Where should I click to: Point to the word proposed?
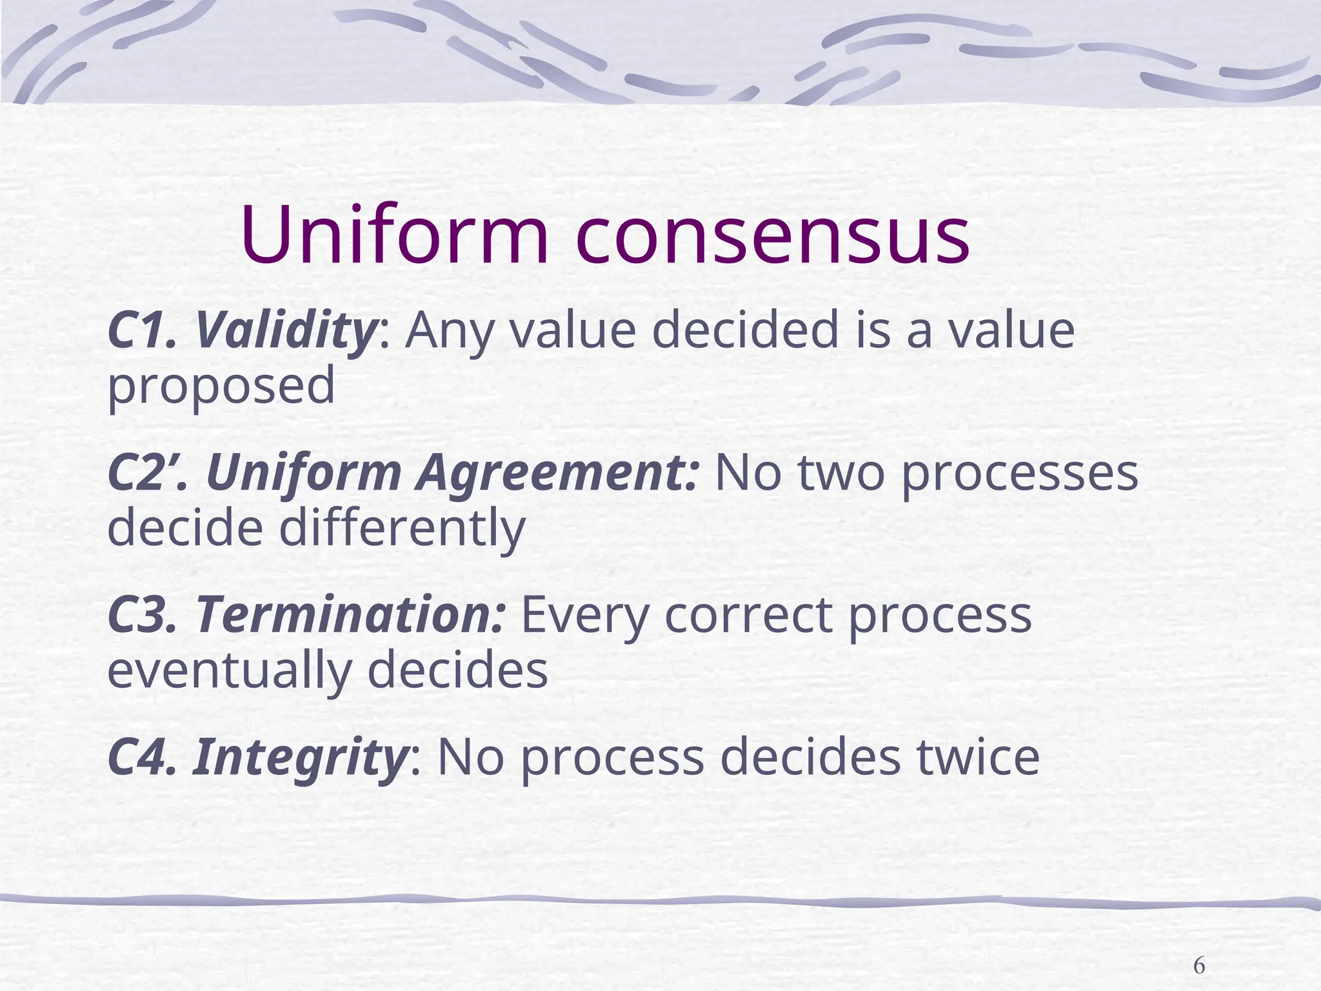221,386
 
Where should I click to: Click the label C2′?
148,472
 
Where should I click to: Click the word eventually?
229,671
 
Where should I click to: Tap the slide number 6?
1198,948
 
